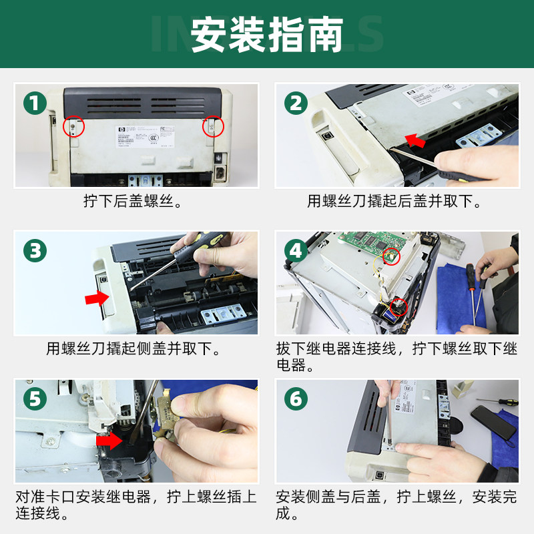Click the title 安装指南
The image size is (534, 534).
point(267,35)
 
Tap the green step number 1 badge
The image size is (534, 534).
point(35,103)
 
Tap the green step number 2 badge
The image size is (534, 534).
point(296,103)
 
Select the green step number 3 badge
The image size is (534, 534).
point(35,251)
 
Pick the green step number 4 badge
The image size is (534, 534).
point(296,251)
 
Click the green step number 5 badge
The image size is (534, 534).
point(35,399)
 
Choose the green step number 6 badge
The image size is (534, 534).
point(296,399)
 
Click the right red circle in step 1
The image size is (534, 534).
point(212,125)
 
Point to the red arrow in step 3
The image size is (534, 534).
point(97,298)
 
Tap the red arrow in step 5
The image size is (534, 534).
point(108,441)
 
